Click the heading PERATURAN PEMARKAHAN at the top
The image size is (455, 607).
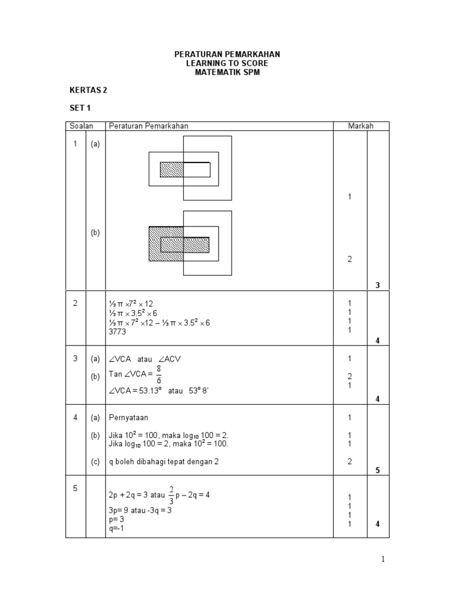coord(227,54)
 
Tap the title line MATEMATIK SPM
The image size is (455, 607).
coord(227,72)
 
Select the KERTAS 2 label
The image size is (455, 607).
coord(88,91)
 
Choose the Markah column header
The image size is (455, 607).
coord(360,126)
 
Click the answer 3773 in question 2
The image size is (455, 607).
coord(117,332)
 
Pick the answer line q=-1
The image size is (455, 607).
coord(117,528)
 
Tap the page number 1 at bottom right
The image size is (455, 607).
coord(384,560)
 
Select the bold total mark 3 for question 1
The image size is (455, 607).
coord(377,286)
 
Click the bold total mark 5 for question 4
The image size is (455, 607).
coord(377,471)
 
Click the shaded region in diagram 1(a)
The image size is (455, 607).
coord(172,170)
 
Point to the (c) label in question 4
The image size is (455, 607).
coord(95,462)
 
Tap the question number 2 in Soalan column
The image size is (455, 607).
coord(75,303)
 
